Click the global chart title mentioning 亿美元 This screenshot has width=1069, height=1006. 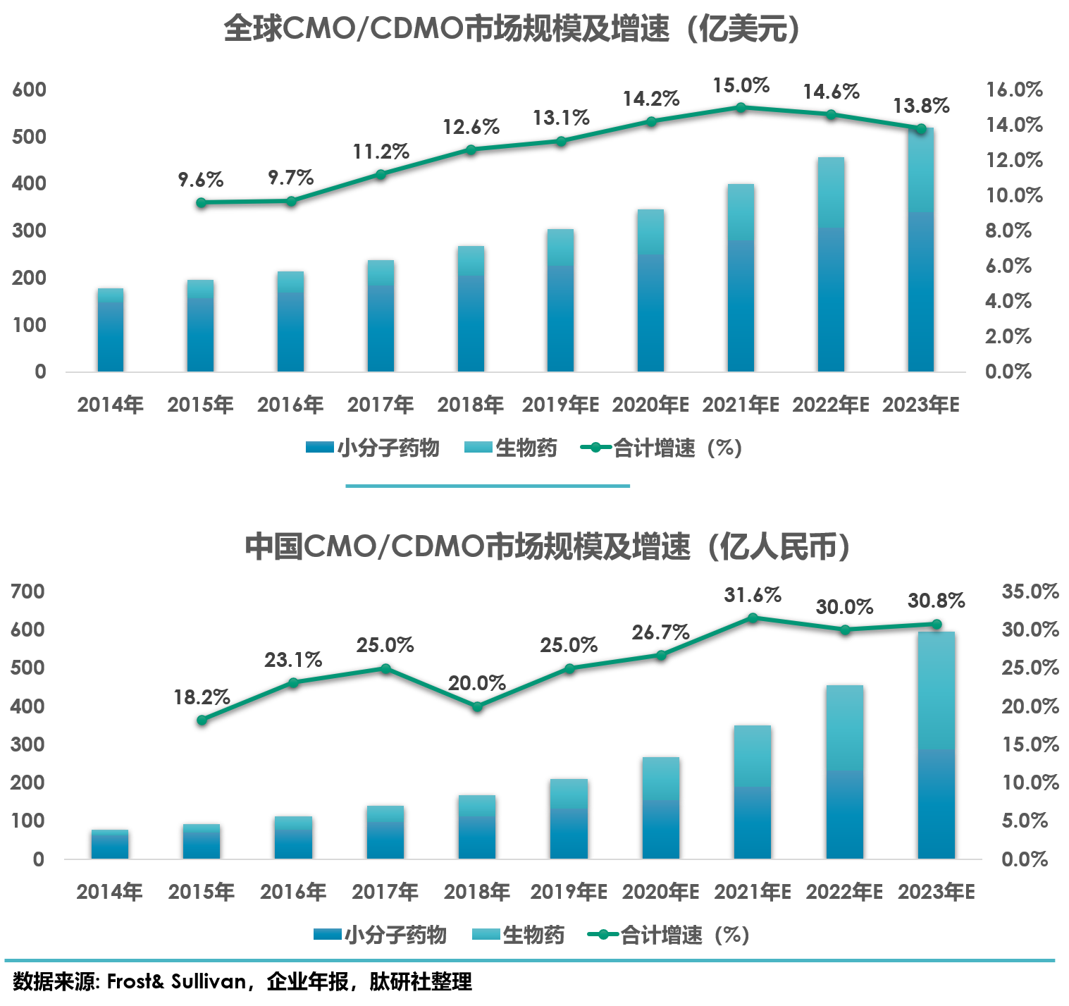(512, 30)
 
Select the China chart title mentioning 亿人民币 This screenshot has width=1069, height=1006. (547, 546)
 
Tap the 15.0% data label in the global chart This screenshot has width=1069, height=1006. (741, 86)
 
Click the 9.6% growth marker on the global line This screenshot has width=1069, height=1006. (201, 202)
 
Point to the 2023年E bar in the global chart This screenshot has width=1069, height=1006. (920, 250)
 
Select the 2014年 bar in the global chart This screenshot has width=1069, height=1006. (111, 330)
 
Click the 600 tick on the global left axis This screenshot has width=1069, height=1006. (29, 90)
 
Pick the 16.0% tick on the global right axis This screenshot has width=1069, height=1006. (1013, 90)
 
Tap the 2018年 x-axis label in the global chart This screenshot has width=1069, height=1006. (470, 405)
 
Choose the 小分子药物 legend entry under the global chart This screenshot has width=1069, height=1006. (373, 448)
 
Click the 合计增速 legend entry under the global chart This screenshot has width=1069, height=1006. (661, 448)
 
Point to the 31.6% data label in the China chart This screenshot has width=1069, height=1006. (753, 595)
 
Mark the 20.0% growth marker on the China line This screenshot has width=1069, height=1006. (477, 706)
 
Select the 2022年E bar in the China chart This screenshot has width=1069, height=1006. (844, 772)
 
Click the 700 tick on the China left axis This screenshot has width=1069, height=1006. (27, 591)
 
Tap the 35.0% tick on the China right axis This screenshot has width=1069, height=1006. (1030, 591)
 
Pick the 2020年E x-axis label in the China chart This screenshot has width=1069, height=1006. (660, 892)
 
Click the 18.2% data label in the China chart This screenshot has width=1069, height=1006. (202, 697)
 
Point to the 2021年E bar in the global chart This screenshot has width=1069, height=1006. (741, 278)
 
